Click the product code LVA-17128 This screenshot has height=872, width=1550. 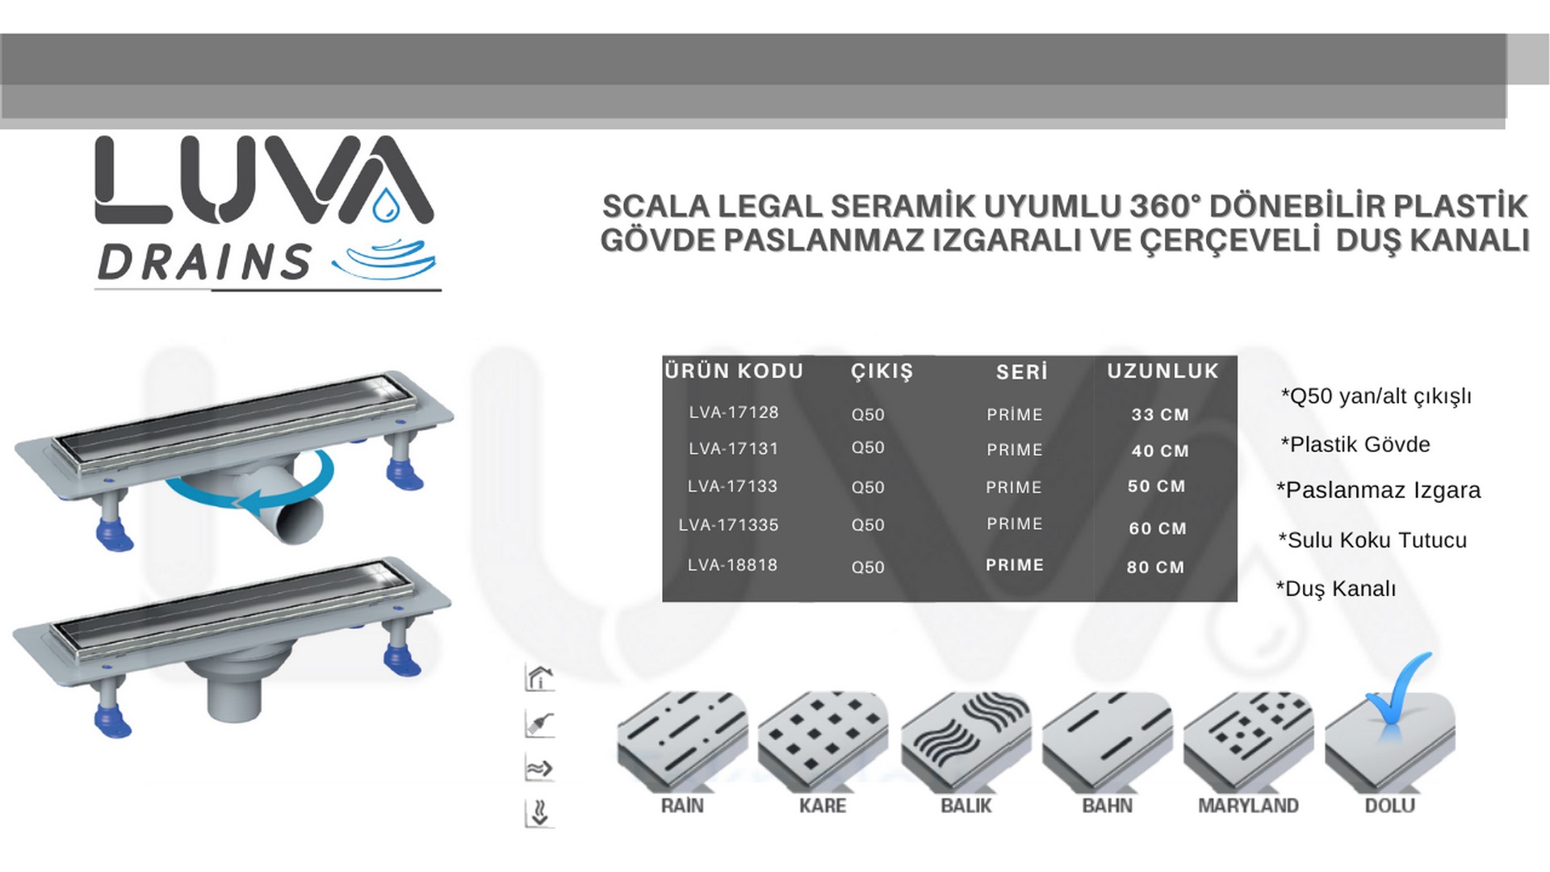coord(733,413)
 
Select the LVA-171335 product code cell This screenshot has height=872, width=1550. coord(728,525)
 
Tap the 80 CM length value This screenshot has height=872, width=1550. coord(1155,567)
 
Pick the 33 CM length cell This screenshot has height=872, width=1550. coord(1160,414)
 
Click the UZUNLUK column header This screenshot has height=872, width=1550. coord(1162,371)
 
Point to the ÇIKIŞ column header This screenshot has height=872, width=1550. coord(882,371)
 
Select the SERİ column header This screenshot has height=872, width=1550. coord(1021,371)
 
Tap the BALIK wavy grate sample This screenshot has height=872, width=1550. coord(966,740)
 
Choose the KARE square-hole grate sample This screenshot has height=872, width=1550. coord(823,740)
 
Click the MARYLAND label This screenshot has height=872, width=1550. coord(1248,806)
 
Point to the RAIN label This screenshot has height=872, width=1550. coord(682,806)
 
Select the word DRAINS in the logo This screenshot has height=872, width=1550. coord(203,262)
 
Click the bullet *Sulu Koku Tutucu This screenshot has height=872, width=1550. coord(1372,540)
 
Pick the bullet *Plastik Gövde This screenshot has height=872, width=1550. coord(1355,444)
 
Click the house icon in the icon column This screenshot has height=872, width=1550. coord(539,678)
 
